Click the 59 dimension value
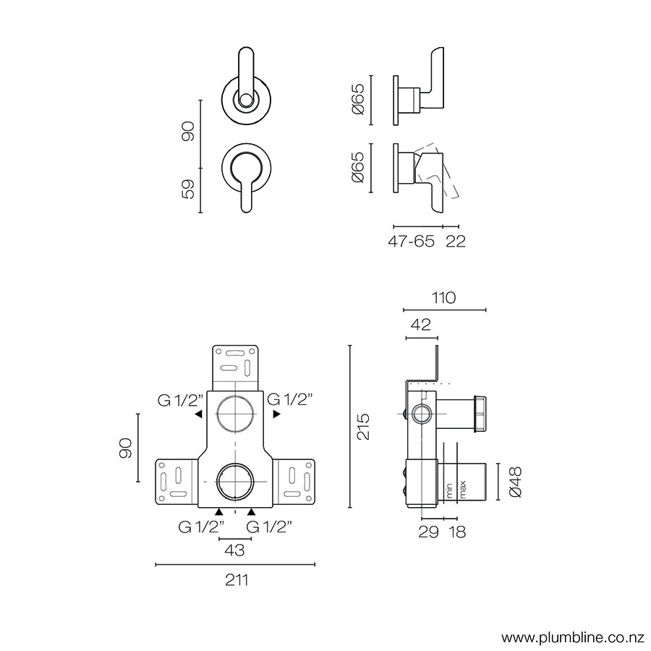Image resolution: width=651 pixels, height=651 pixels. pos(189,190)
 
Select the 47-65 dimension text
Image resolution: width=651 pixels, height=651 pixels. pos(411,242)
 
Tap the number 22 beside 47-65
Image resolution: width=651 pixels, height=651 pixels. pos(456,242)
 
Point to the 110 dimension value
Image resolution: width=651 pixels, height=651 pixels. pos(443,297)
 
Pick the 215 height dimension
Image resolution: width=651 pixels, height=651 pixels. pos(364,427)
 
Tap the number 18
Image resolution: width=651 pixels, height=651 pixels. pos(456,532)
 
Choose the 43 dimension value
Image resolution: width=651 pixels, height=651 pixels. pos(234,550)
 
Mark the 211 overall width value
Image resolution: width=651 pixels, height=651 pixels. pos(236,579)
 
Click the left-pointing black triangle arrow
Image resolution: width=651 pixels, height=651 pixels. pos(197,415)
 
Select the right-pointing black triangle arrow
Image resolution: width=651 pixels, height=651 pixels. pos(276,415)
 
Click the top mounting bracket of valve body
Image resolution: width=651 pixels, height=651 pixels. pos(236,366)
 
